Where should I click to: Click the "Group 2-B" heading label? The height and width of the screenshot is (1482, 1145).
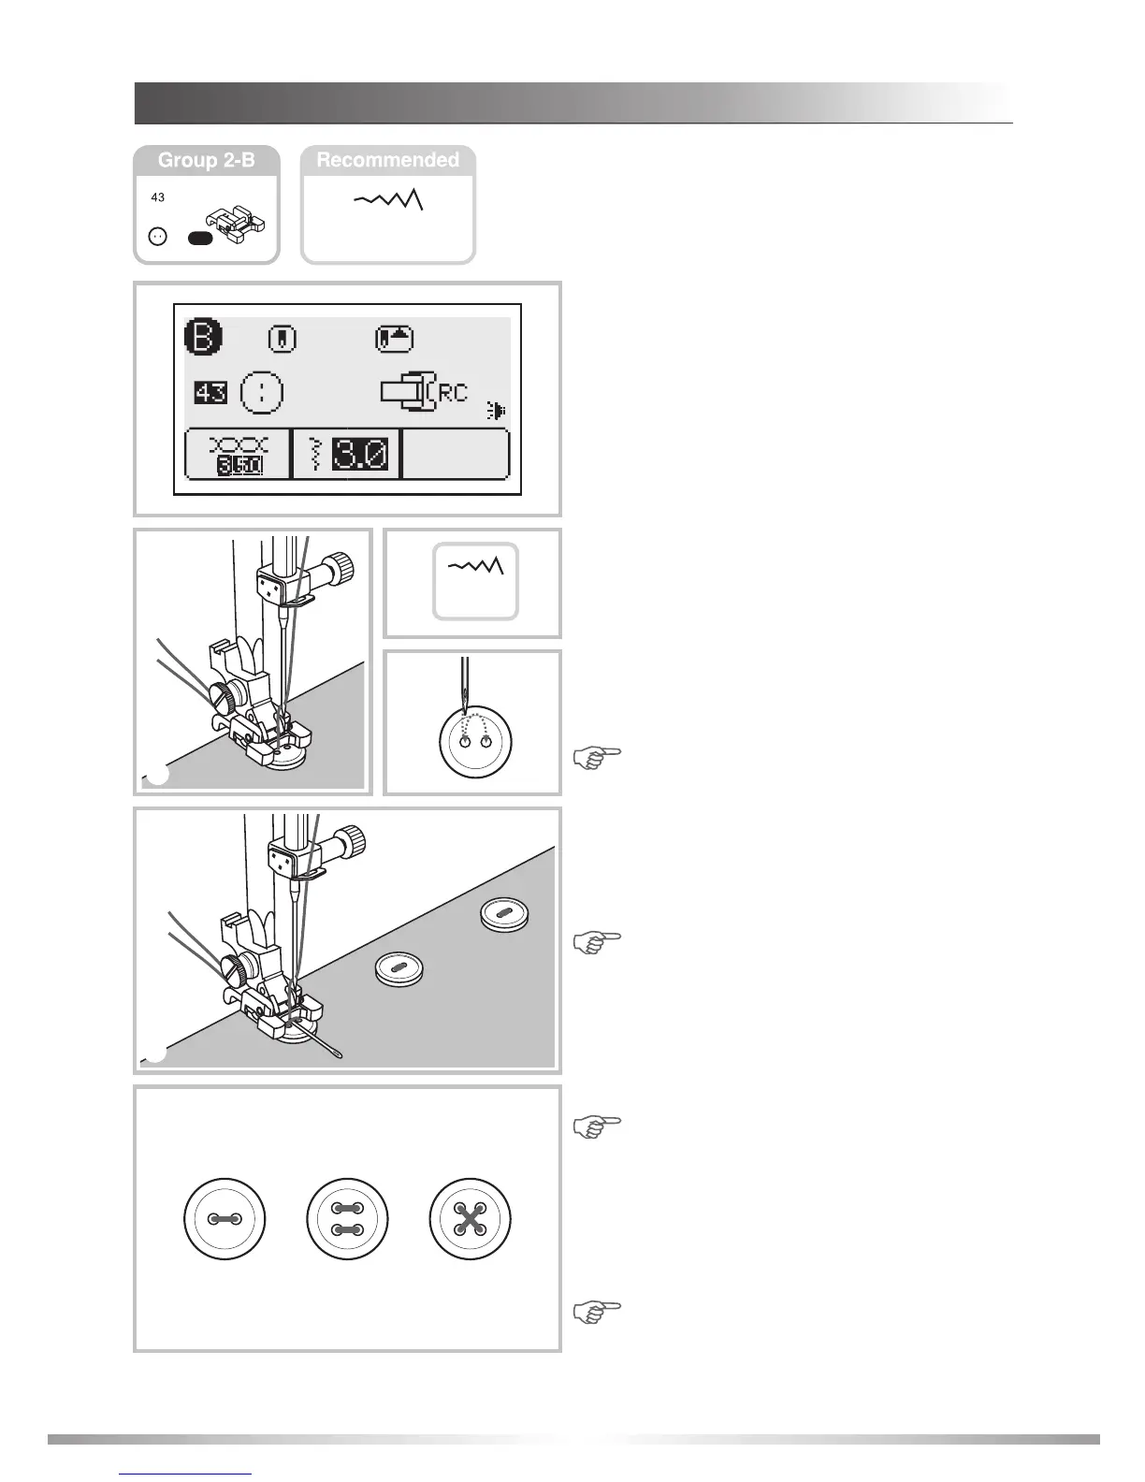206,160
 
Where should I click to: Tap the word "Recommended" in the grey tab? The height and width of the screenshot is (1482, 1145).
387,160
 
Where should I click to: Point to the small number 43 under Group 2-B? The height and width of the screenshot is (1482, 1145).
158,197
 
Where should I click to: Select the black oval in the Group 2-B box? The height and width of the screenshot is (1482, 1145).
200,239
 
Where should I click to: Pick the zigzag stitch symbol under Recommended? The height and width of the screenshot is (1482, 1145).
389,200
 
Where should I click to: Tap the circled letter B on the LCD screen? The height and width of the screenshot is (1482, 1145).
203,338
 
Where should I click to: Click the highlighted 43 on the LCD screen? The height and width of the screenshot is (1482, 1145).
211,392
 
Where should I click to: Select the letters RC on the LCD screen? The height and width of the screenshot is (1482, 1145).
453,393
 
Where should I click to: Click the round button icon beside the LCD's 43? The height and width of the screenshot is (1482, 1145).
263,392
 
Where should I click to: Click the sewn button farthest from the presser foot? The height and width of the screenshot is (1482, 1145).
504,914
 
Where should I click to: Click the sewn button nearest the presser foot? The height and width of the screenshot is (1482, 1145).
399,968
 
